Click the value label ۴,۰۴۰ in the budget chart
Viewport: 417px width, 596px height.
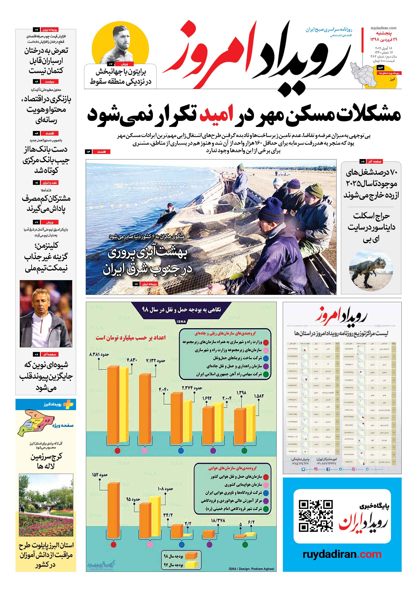click(x=164, y=390)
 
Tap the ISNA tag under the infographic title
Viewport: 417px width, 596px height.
click(x=181, y=322)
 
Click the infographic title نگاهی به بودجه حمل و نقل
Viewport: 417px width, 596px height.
click(x=181, y=310)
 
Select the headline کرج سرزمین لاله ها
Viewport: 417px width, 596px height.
click(x=46, y=461)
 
